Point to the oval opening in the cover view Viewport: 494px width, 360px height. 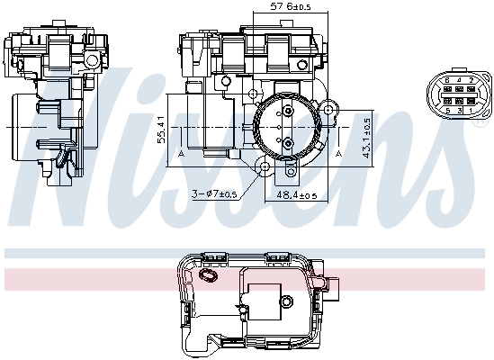(x=209, y=275)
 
